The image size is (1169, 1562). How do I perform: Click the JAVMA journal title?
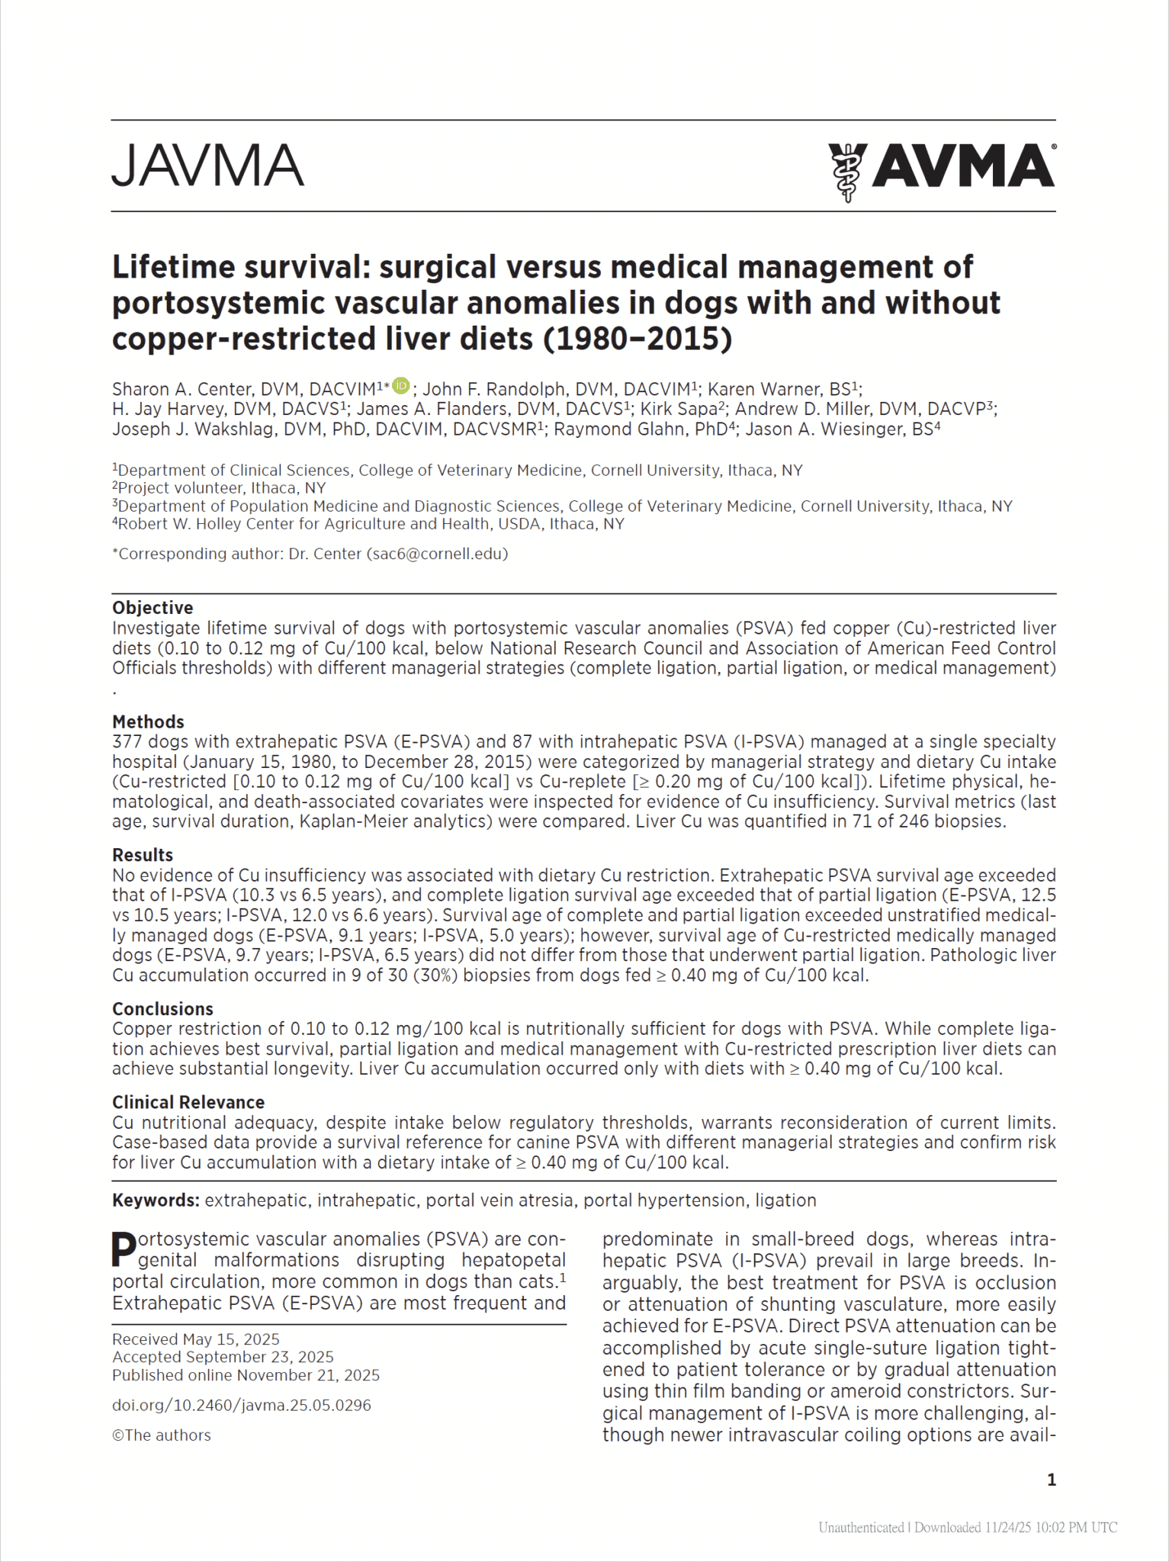pos(207,166)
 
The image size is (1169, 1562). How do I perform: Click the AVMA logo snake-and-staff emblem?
pos(846,171)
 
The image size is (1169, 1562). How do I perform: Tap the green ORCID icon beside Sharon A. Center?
pos(401,386)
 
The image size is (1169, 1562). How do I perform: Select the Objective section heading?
pos(153,608)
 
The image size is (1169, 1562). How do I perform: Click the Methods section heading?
pos(148,722)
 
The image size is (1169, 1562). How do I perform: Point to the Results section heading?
pos(143,855)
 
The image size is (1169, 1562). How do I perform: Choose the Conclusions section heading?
pos(162,1009)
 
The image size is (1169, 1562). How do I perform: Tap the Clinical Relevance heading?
pos(188,1102)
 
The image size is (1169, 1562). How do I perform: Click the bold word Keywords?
pos(156,1200)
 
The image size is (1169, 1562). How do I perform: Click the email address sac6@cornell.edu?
pos(437,554)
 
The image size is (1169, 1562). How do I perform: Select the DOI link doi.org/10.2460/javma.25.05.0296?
pos(242,1405)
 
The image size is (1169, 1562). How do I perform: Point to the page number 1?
pos(1052,1480)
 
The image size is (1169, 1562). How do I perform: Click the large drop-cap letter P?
pos(124,1249)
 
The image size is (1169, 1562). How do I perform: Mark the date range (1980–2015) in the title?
pos(637,339)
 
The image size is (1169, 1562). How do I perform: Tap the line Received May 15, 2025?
pos(196,1339)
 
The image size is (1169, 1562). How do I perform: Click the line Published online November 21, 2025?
pos(246,1375)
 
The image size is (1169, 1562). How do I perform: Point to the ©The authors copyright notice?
pos(162,1435)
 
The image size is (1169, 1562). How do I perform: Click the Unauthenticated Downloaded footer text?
pos(968,1527)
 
